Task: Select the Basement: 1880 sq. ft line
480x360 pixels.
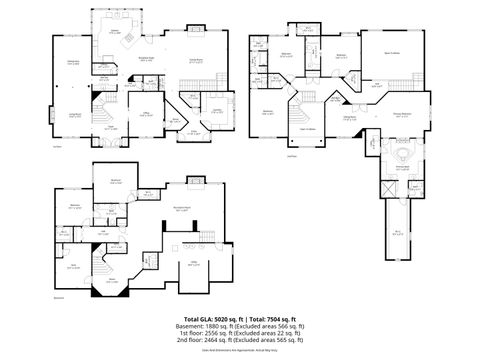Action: pyautogui.click(x=240, y=327)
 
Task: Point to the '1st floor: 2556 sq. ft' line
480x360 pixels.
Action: pyautogui.click(x=240, y=333)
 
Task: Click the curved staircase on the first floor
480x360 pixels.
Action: pyautogui.click(x=105, y=110)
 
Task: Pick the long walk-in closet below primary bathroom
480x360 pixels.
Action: pyautogui.click(x=398, y=230)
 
